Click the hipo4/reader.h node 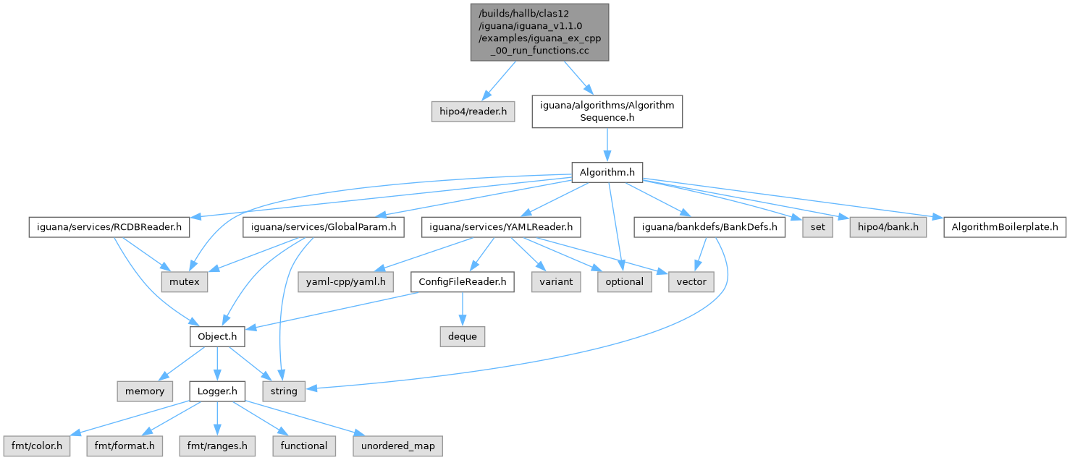473,112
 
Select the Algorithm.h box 607,171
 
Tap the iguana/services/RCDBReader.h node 109,227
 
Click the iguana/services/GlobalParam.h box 323,227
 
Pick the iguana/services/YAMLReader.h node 501,227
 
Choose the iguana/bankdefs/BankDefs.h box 709,227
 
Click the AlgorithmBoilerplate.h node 1005,227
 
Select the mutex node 184,282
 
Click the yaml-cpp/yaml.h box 345,282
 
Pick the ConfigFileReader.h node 462,282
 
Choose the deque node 461,336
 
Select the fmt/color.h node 36,446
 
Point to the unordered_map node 398,446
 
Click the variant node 556,282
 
